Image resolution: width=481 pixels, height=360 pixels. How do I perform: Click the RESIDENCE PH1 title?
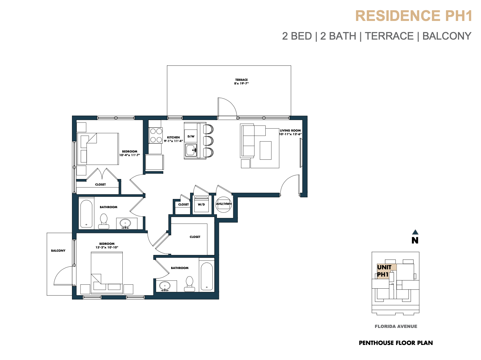tap(413, 16)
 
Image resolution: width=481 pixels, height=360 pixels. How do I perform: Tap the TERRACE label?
tap(241, 80)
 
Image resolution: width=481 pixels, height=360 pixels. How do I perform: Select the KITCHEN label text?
tap(173, 137)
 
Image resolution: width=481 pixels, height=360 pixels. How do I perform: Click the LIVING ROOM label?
tap(290, 130)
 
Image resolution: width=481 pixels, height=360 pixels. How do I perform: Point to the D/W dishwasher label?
tap(191, 136)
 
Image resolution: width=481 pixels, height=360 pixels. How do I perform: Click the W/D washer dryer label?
tap(201, 205)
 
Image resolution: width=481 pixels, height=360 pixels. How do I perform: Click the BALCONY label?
tap(58, 250)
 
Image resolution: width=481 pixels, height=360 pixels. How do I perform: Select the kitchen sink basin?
tap(191, 150)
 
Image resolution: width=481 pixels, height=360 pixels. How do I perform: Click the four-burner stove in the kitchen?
tap(156, 135)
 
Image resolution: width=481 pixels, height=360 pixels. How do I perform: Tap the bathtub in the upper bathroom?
tap(86, 214)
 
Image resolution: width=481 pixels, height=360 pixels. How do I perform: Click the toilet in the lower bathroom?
tap(189, 284)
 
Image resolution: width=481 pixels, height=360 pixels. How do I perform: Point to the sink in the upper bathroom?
tap(125, 224)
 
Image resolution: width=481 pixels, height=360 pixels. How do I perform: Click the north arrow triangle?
tap(415, 232)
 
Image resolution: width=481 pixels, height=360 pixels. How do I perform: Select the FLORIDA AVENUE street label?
tap(396, 326)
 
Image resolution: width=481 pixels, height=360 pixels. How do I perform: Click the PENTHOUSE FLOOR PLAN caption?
tap(396, 343)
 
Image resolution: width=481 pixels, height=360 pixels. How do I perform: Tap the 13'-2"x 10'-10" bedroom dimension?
tap(107, 247)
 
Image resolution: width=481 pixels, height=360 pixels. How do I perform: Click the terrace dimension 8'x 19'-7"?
tap(241, 83)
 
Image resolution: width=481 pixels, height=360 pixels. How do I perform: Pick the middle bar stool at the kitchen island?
tap(208, 141)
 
